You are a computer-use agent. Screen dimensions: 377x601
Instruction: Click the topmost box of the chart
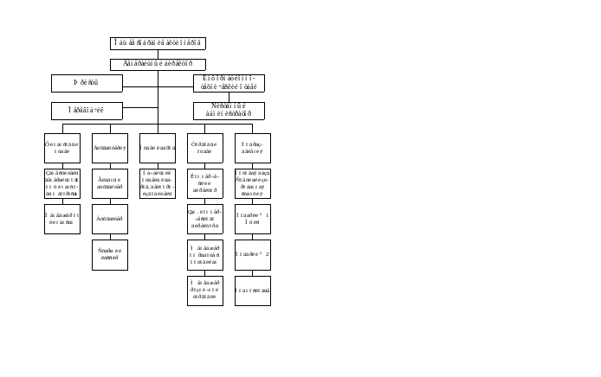(158, 42)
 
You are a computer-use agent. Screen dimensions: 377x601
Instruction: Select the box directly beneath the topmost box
(158, 63)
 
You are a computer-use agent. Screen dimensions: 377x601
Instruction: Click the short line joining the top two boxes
(158, 53)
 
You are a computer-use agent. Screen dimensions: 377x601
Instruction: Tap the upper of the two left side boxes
(87, 83)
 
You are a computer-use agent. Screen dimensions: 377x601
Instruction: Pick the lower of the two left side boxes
(87, 111)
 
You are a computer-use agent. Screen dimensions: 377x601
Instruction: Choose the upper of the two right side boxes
(229, 83)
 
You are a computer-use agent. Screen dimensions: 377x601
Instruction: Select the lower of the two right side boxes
(229, 111)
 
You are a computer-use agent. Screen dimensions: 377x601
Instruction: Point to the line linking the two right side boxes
(229, 97)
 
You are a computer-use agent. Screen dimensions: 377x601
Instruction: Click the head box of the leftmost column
(62, 148)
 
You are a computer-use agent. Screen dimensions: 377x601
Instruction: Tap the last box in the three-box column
(62, 219)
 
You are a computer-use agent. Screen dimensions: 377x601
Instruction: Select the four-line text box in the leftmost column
(62, 183)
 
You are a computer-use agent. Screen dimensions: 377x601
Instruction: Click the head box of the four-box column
(110, 148)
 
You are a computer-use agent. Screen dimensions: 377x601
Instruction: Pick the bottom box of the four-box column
(110, 254)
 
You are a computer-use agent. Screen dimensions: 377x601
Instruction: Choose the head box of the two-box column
(158, 148)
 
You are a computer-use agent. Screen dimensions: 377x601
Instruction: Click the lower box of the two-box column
(158, 183)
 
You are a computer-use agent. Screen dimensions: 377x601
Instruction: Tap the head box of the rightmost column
(253, 148)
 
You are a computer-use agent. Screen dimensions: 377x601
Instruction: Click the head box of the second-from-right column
(205, 148)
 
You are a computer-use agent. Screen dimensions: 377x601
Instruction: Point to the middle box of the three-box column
(62, 183)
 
